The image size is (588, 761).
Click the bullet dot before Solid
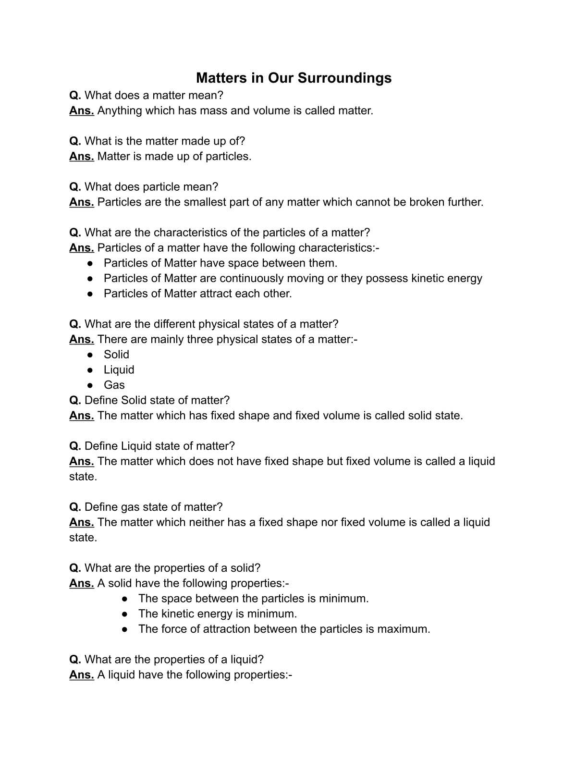[x=90, y=355]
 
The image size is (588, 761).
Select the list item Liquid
[x=119, y=370]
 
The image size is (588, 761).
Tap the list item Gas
[x=114, y=385]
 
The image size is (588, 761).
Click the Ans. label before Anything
[x=81, y=110]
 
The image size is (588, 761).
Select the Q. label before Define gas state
[x=75, y=507]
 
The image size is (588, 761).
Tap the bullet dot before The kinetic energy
[x=125, y=614]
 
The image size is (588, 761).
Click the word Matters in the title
[x=221, y=78]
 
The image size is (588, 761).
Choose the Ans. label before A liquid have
[x=81, y=675]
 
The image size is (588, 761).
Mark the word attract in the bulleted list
[x=218, y=294]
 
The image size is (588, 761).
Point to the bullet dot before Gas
[x=90, y=385]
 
